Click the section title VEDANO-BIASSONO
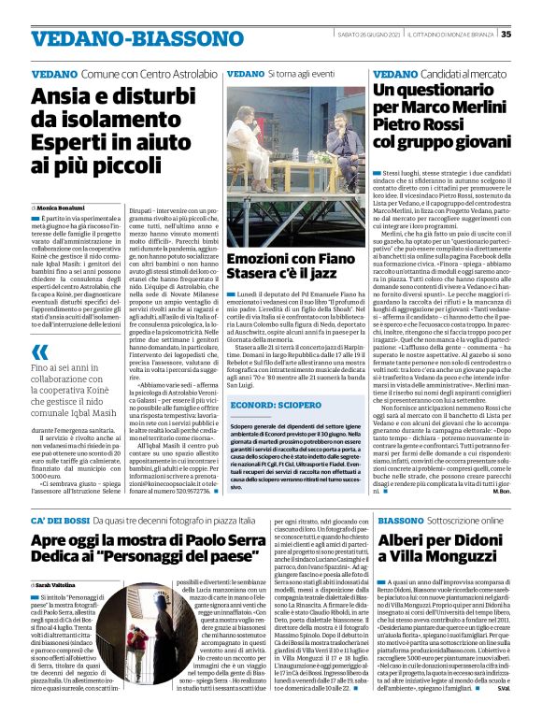[x=110, y=39]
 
